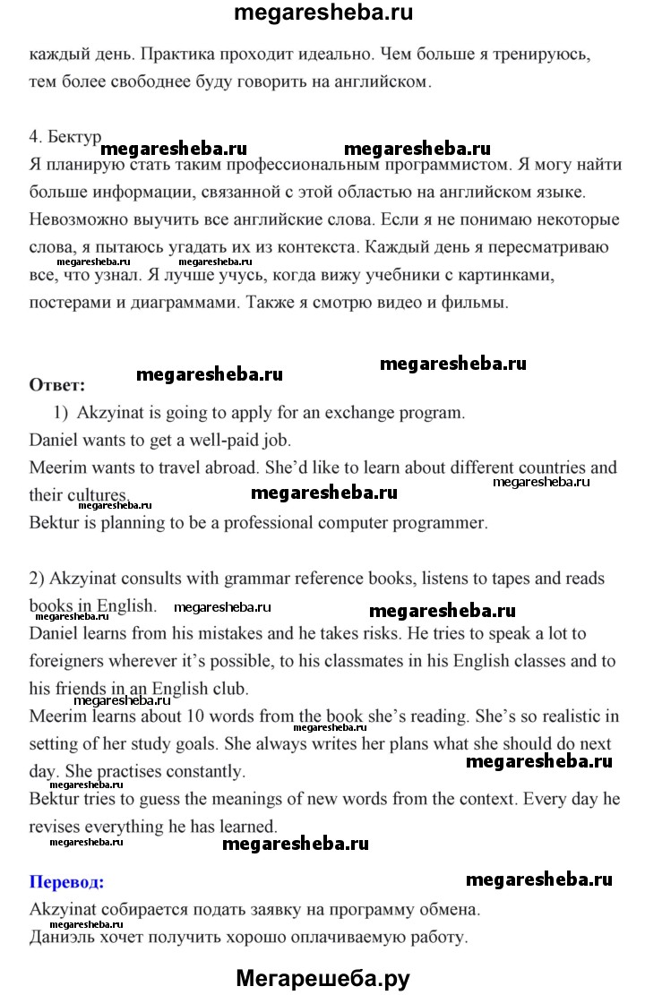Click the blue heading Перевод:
[66, 882]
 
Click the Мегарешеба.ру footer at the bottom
[322, 978]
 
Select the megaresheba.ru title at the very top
[322, 13]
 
